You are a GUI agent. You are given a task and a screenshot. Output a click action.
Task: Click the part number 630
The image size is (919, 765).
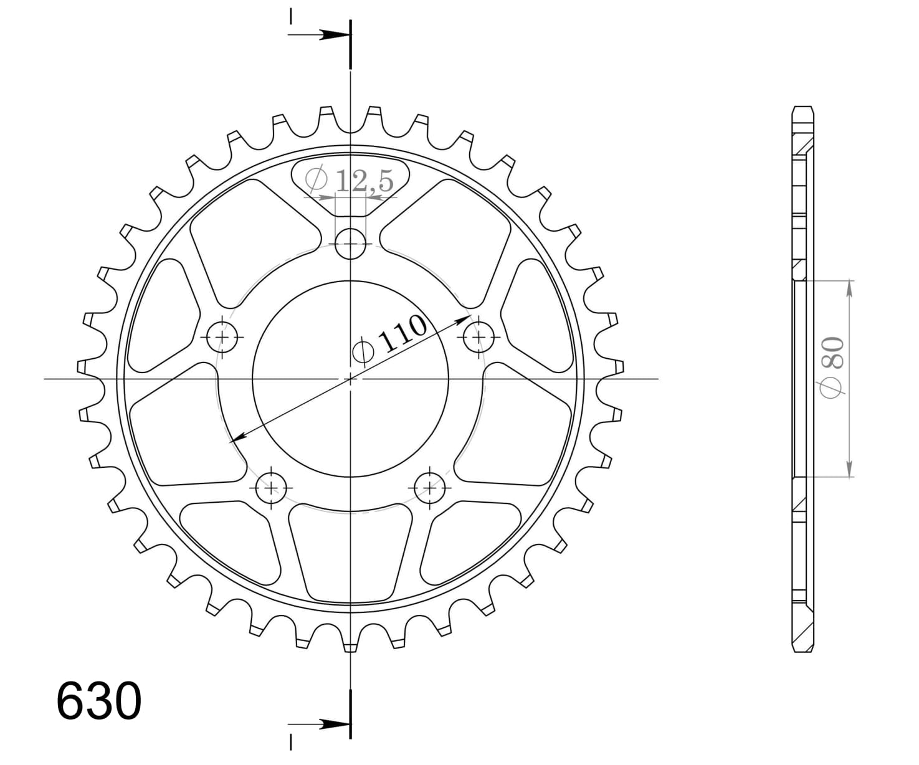pyautogui.click(x=99, y=701)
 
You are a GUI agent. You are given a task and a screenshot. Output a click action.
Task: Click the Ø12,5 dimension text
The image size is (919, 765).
pyautogui.click(x=350, y=181)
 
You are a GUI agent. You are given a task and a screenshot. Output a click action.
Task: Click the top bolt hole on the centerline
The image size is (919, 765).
pyautogui.click(x=351, y=244)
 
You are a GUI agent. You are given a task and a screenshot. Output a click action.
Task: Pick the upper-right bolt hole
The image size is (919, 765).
pyautogui.click(x=479, y=337)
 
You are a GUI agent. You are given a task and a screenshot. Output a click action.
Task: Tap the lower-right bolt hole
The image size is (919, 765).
pyautogui.click(x=430, y=487)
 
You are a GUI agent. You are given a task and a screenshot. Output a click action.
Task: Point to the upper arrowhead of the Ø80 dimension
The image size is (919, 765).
pyautogui.click(x=849, y=288)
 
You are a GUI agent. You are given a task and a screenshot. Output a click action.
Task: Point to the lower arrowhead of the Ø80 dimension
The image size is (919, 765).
pyautogui.click(x=849, y=470)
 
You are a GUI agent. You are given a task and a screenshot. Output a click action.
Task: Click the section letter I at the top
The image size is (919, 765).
pyautogui.click(x=290, y=16)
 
